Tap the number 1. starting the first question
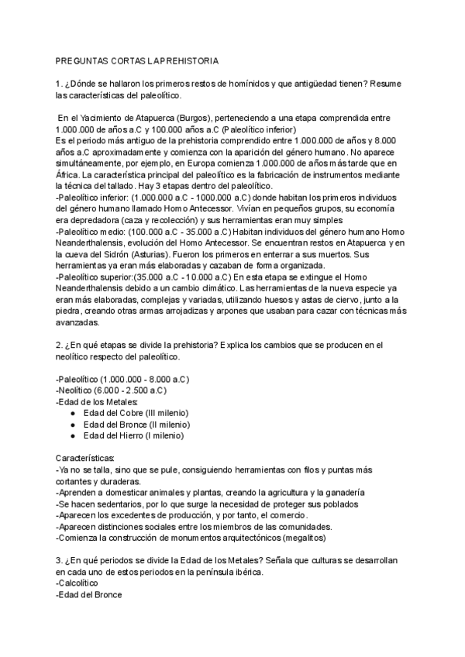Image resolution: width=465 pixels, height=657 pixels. [60, 84]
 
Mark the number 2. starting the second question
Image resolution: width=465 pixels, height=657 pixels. [60, 345]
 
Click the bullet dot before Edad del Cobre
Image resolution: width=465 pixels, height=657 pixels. [72, 413]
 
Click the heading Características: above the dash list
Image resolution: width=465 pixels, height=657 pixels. [85, 459]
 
